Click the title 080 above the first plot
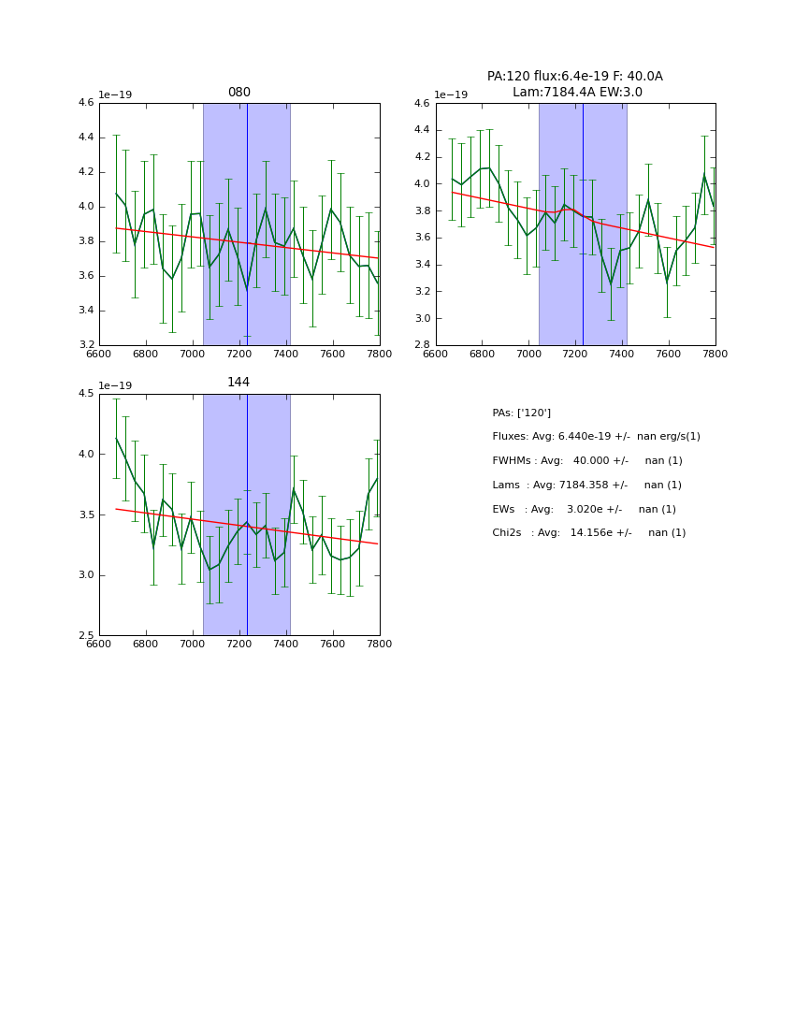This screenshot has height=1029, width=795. (x=238, y=93)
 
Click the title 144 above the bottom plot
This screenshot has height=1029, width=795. (x=238, y=383)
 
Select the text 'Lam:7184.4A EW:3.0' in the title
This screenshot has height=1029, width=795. (x=575, y=92)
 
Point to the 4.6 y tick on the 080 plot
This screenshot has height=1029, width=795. (x=86, y=103)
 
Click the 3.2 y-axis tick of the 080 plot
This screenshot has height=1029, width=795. (x=86, y=345)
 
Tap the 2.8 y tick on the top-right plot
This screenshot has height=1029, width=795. (x=423, y=345)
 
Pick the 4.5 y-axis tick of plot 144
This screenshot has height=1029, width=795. (x=86, y=394)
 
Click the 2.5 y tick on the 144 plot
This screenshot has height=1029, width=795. (x=86, y=636)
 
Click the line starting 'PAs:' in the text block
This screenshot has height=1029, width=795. (x=521, y=413)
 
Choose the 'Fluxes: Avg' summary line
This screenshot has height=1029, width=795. (x=596, y=437)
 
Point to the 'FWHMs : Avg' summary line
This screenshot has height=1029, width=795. (x=587, y=461)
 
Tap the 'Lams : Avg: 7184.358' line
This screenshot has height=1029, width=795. (x=586, y=485)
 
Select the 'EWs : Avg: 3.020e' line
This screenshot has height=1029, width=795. (x=584, y=509)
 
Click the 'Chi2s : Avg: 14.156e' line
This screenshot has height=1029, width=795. (x=588, y=533)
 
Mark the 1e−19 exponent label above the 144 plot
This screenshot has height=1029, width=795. (x=115, y=385)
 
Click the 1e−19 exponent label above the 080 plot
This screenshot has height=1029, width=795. (x=115, y=94)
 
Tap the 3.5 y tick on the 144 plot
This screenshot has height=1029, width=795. (x=86, y=514)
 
